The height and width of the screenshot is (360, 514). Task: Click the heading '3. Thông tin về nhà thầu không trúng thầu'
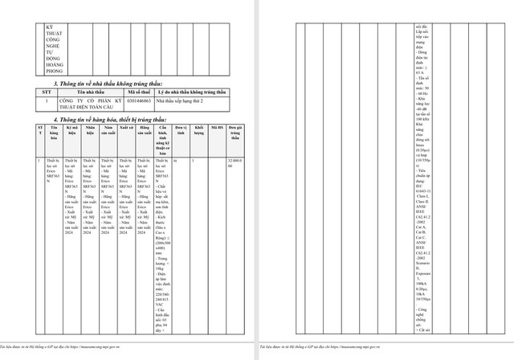point(106,84)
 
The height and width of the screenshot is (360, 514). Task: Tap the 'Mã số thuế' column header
point(140,92)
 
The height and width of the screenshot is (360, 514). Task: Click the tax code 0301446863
point(140,102)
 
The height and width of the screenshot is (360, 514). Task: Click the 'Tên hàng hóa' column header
point(53,131)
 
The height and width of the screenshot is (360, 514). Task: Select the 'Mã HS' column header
point(217,128)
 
